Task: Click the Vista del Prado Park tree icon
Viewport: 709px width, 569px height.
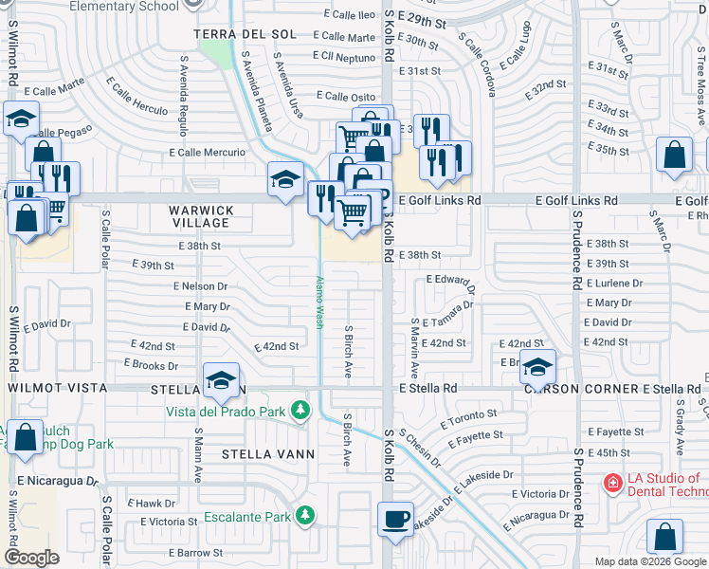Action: [x=300, y=410]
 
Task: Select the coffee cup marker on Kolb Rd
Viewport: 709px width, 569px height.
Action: [x=396, y=520]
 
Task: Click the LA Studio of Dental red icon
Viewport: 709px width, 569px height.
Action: [x=613, y=484]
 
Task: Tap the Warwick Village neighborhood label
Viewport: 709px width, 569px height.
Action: [x=201, y=216]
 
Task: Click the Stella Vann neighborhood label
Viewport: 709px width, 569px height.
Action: [x=268, y=454]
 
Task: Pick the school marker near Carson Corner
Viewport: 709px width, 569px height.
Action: [x=537, y=367]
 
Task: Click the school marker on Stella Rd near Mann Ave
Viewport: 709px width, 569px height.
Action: [x=221, y=380]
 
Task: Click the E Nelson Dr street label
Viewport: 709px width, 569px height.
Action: [x=201, y=285]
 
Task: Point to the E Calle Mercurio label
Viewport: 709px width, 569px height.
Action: [x=208, y=152]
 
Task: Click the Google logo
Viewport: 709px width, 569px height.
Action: [x=32, y=558]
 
